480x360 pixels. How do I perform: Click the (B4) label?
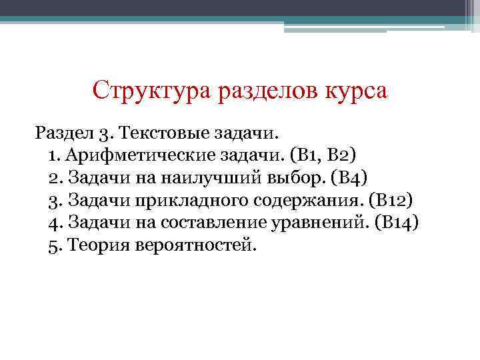point(349,178)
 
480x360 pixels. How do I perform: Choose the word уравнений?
point(313,222)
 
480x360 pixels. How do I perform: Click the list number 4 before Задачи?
point(53,222)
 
